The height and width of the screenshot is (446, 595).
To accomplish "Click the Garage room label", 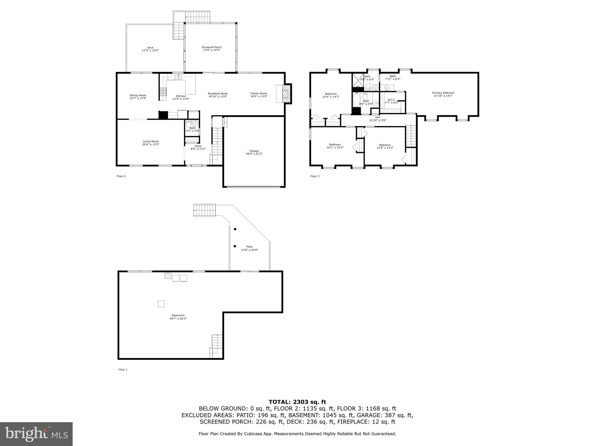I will pyautogui.click(x=254, y=151).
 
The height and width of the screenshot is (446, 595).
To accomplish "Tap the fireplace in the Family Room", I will pyautogui.click(x=286, y=93).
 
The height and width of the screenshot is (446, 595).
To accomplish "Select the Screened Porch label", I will pyautogui.click(x=212, y=47).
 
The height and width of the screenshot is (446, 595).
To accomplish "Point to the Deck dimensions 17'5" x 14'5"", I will pyautogui.click(x=150, y=51).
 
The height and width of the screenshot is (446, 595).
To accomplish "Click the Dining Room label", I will pyautogui.click(x=138, y=95).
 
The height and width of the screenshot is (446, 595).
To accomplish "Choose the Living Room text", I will pyautogui.click(x=150, y=141).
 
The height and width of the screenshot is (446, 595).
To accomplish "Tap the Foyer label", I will pyautogui.click(x=198, y=146).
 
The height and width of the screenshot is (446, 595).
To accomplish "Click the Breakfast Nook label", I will pyautogui.click(x=218, y=93).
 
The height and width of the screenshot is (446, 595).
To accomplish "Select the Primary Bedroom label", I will pyautogui.click(x=443, y=93).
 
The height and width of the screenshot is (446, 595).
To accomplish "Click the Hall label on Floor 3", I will pyautogui.click(x=377, y=117).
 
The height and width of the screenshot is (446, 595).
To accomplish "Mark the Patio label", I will pyautogui.click(x=249, y=247).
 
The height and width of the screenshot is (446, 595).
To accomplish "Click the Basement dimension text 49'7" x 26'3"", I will pyautogui.click(x=178, y=319).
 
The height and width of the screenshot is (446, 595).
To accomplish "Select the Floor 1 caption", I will pyautogui.click(x=123, y=370).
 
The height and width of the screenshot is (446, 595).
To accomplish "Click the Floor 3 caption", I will pyautogui.click(x=315, y=176).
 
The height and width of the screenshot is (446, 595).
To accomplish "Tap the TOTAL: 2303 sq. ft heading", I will pyautogui.click(x=297, y=402).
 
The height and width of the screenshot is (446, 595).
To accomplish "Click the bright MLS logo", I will pyautogui.click(x=36, y=434).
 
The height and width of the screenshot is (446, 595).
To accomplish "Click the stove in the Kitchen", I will pyautogui.click(x=163, y=92).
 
